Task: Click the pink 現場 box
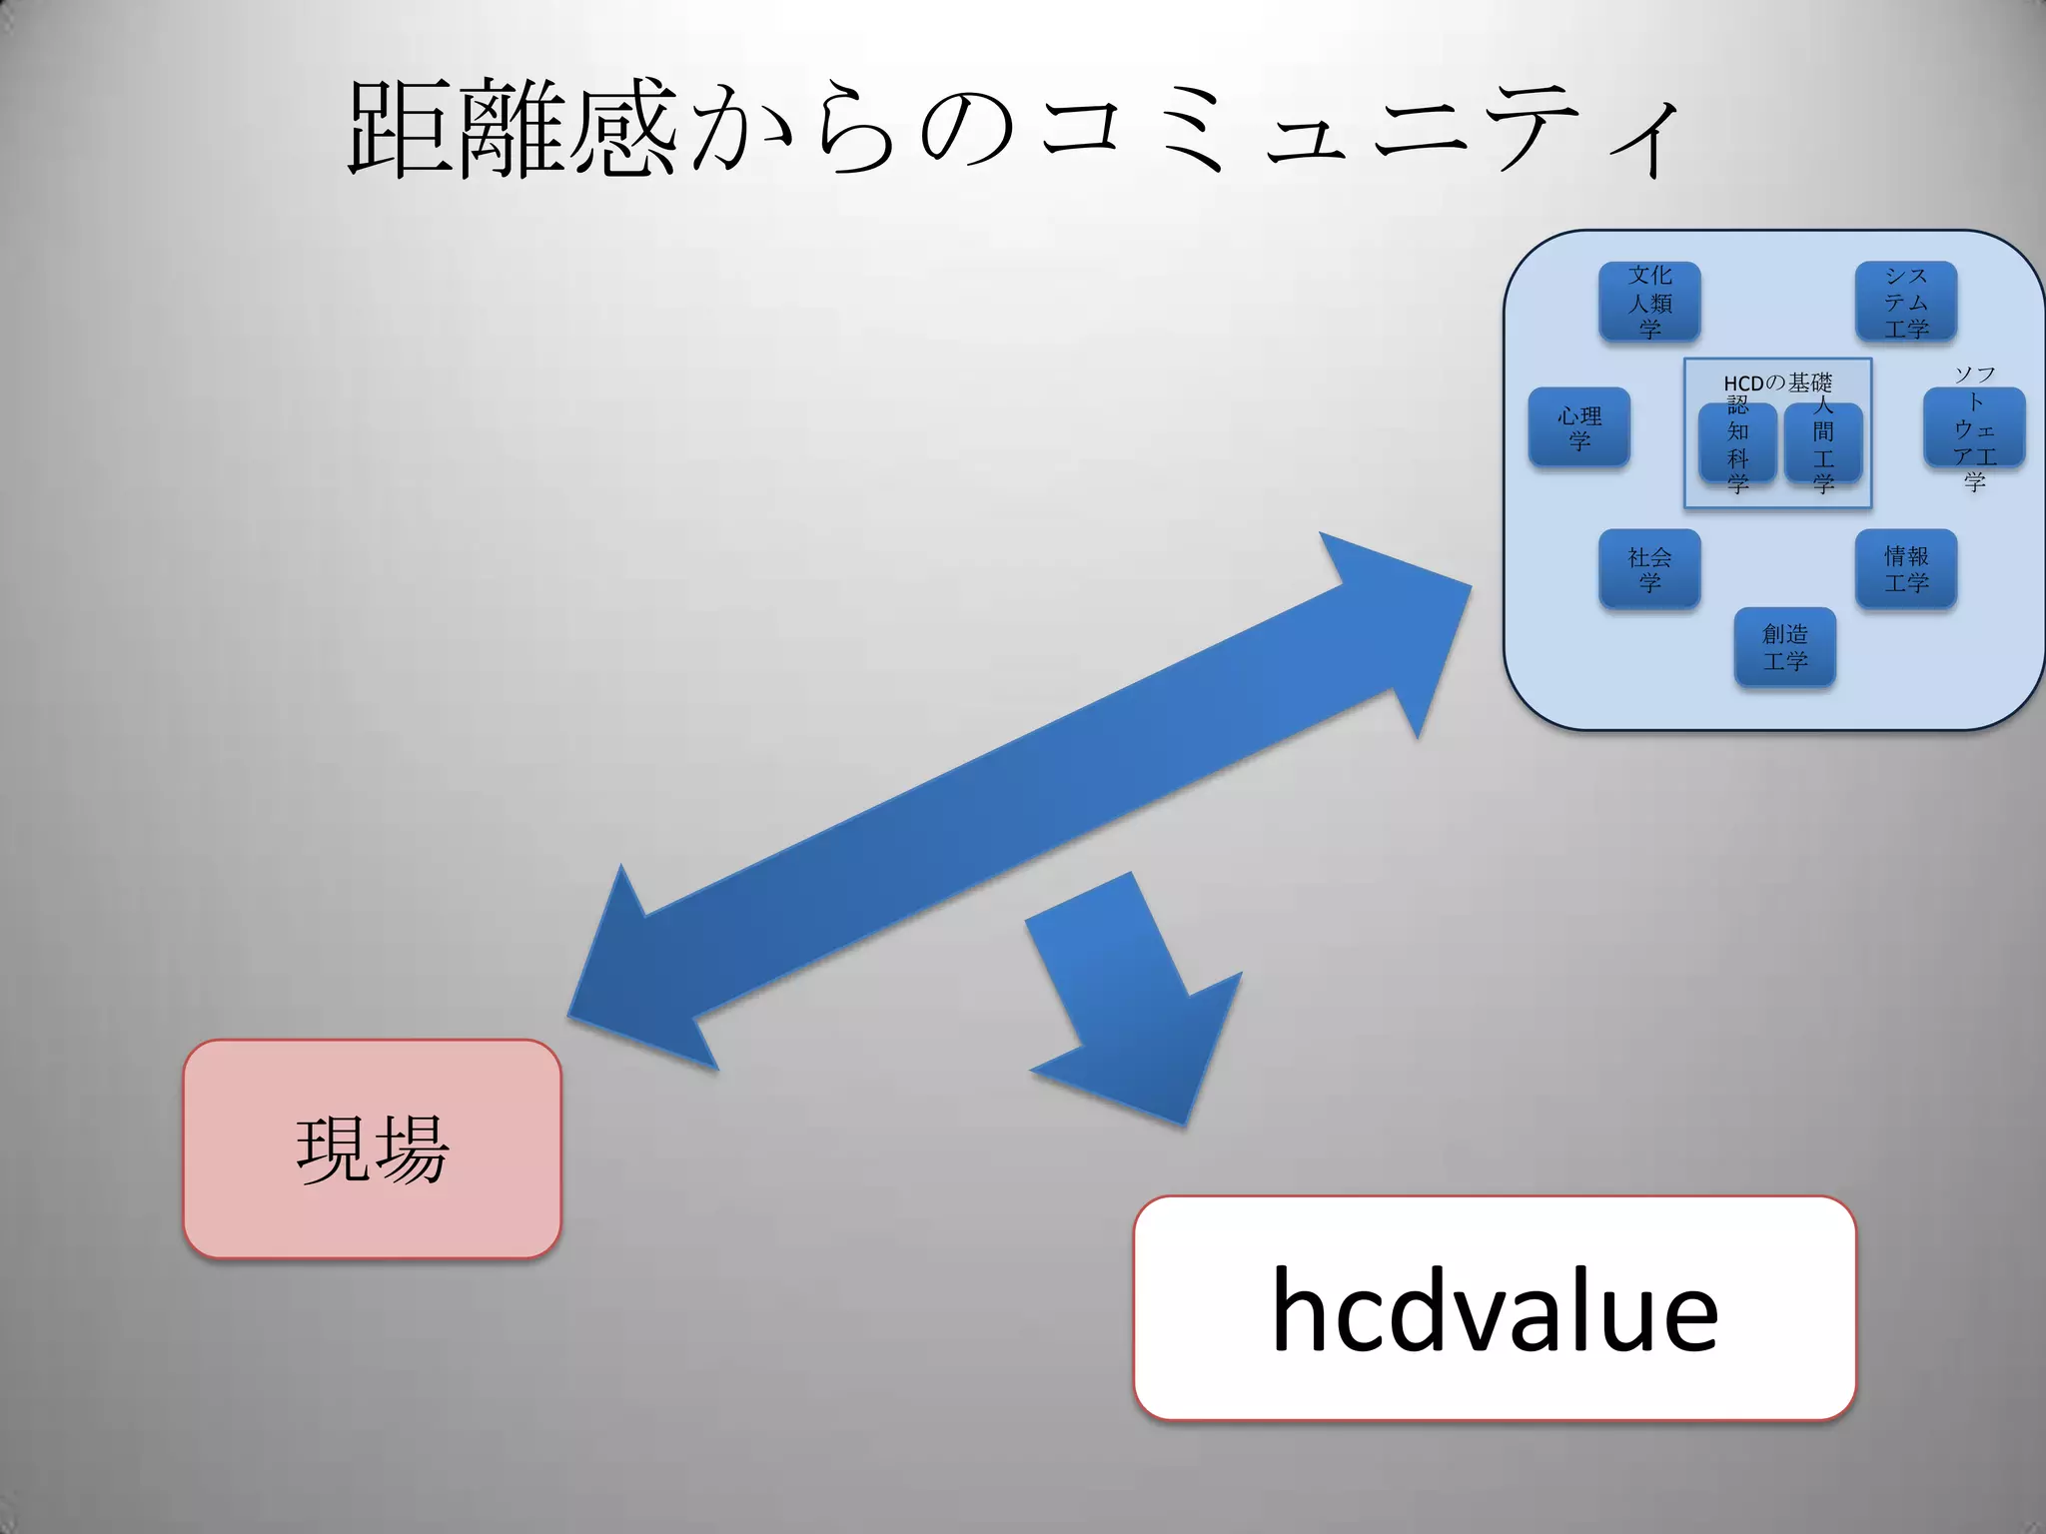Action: [372, 1149]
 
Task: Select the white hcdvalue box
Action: [1494, 1307]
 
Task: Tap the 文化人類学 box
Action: [1649, 302]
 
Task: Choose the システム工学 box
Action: [1905, 302]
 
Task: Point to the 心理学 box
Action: [1578, 427]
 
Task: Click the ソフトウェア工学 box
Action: [1974, 427]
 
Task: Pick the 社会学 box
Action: [1649, 568]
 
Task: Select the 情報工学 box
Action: [1905, 568]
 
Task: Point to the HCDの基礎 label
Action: [1777, 383]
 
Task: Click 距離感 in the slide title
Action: [511, 130]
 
